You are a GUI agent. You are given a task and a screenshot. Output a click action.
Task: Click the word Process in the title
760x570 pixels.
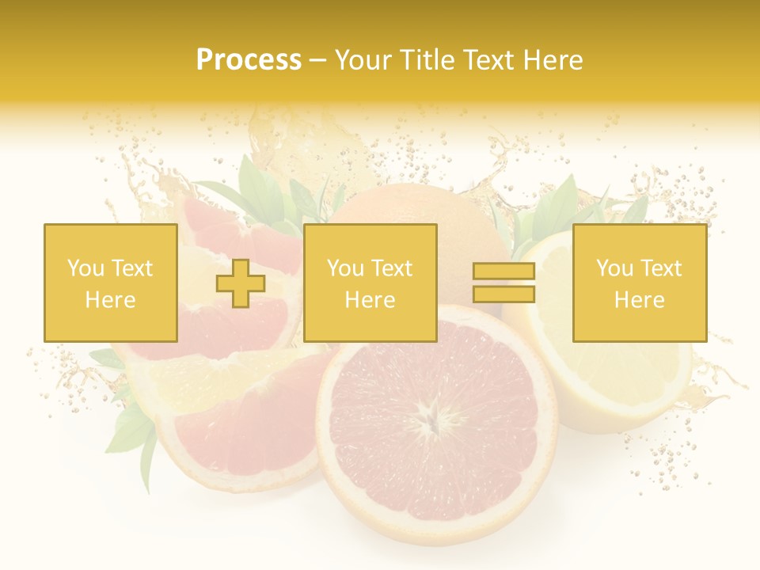(x=249, y=60)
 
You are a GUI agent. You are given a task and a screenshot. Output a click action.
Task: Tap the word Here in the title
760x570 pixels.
(x=551, y=60)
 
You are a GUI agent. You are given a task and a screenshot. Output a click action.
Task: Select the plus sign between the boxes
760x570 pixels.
(x=241, y=283)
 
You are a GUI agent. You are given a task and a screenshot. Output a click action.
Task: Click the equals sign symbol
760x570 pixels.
(x=503, y=283)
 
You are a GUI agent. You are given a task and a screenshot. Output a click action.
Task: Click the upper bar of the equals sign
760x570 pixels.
(x=503, y=272)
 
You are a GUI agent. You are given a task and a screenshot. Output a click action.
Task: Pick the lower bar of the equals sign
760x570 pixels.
(x=503, y=294)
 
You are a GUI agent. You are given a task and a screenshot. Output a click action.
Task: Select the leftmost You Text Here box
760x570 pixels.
(x=110, y=283)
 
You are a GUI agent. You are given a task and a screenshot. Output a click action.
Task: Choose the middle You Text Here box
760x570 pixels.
(x=370, y=283)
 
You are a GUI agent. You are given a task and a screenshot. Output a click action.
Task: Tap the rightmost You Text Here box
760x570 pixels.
(x=639, y=283)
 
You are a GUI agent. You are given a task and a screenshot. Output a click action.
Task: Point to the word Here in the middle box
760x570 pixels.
(x=370, y=300)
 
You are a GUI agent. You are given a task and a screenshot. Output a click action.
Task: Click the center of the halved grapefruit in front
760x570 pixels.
(x=434, y=420)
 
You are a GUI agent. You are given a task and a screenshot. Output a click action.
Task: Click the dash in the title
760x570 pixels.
(x=317, y=60)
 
